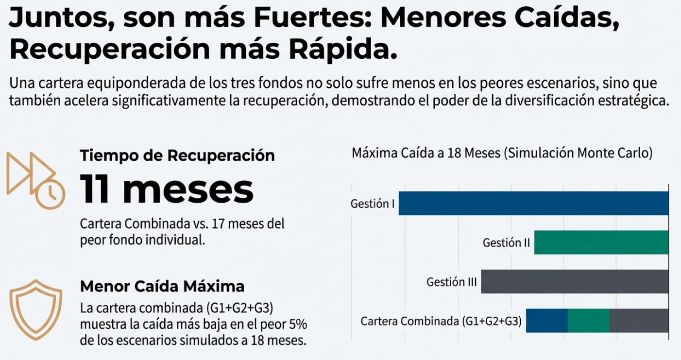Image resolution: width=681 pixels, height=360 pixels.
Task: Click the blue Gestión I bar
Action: coord(533,203)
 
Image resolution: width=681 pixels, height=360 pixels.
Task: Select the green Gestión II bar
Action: coord(601,242)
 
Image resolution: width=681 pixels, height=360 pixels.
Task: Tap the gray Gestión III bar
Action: coord(575,282)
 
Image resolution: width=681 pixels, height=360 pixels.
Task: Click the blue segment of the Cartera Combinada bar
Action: coord(547,321)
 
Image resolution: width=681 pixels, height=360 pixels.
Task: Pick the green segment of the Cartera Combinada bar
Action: coord(588,321)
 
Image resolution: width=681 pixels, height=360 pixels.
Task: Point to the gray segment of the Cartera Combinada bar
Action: coord(639,321)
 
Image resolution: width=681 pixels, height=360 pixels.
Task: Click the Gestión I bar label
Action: coord(373,204)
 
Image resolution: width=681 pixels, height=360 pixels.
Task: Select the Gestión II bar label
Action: coord(506,242)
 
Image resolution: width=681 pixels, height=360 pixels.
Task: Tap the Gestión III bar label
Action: coord(451,282)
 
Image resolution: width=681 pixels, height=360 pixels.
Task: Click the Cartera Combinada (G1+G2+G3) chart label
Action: coord(441,321)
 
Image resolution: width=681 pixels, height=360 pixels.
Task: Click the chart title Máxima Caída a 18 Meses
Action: coord(502,154)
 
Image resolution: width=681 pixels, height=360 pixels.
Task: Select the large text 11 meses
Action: coord(167,189)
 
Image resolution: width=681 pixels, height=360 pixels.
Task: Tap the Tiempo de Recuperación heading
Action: coord(177,155)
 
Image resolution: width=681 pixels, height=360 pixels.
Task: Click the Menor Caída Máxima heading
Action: coord(162,286)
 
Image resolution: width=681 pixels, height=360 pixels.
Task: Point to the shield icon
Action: coord(36,309)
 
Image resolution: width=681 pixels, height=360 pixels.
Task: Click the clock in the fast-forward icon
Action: coord(50,195)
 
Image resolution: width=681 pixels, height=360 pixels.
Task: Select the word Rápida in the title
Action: coord(341,50)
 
